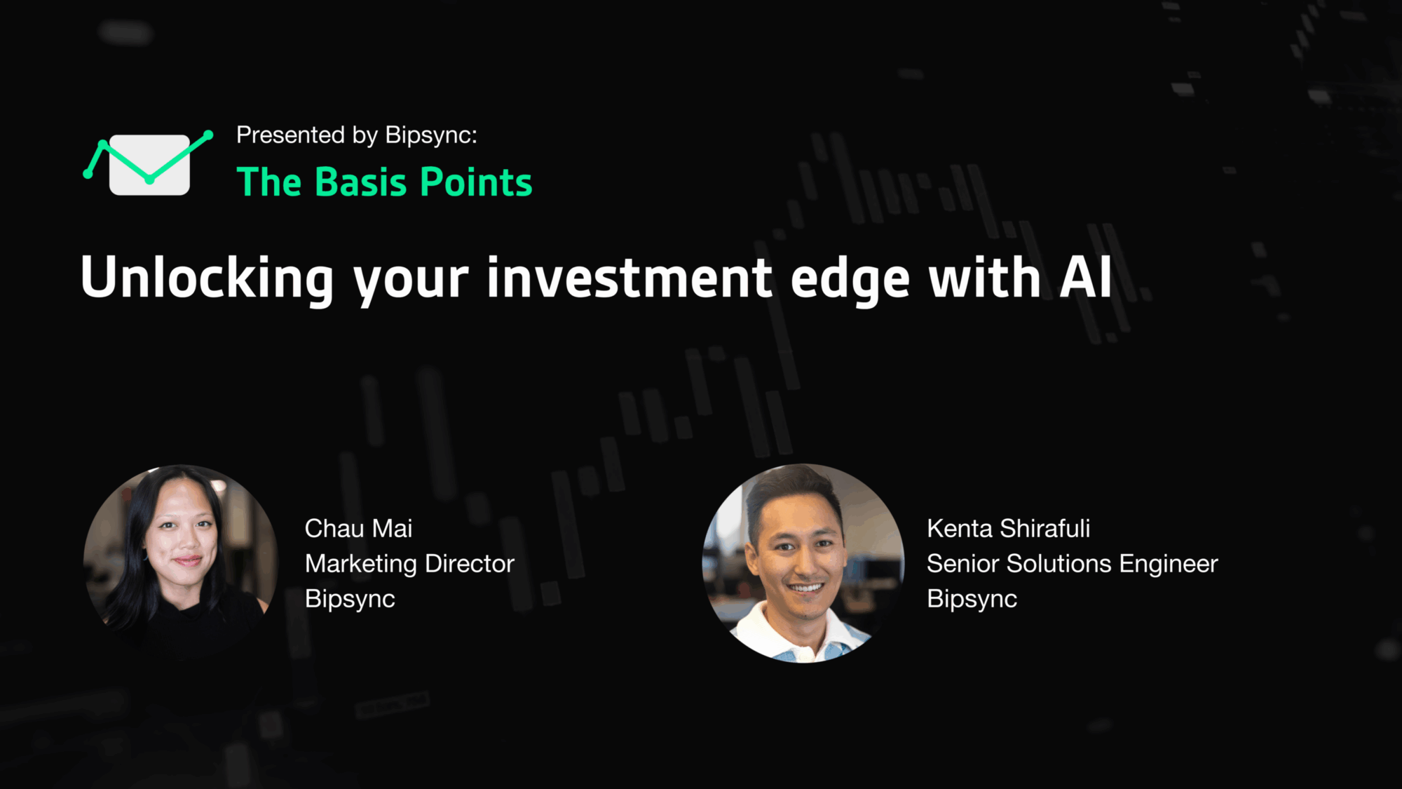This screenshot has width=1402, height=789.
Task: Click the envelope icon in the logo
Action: (149, 165)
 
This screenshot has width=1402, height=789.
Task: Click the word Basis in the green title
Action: (361, 182)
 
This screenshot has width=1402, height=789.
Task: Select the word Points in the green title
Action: (476, 182)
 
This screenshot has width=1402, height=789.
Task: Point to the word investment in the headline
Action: (629, 278)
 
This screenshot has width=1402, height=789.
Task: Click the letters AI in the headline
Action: (1085, 278)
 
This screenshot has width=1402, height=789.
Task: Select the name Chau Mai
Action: (358, 528)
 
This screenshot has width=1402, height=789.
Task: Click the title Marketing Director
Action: (409, 563)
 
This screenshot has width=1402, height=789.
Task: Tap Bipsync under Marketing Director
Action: (350, 599)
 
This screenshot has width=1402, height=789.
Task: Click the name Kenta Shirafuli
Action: (1008, 528)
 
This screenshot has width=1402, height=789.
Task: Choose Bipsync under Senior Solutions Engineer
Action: (972, 599)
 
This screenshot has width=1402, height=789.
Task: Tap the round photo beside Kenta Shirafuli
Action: (803, 562)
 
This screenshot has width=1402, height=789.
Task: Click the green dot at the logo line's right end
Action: (208, 135)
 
